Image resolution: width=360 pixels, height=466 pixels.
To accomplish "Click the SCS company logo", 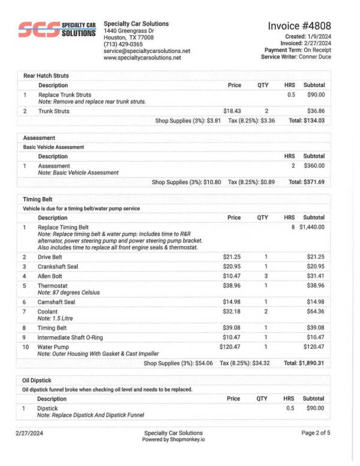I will click(57, 29).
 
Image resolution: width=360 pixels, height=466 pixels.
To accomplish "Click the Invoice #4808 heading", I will click(299, 26).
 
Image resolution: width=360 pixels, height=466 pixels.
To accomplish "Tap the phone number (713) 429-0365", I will click(123, 44).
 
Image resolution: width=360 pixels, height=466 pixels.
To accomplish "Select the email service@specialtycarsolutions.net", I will click(146, 51).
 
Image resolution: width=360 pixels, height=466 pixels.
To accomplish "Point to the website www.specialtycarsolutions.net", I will click(142, 58).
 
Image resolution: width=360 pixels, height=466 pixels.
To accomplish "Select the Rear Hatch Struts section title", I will click(46, 76).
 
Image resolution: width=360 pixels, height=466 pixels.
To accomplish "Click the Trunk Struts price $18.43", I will click(232, 111).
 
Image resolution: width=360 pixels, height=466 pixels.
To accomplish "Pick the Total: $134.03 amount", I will click(307, 121).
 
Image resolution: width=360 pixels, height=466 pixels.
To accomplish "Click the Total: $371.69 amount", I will click(307, 182).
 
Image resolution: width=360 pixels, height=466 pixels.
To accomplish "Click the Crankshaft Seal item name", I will click(61, 266).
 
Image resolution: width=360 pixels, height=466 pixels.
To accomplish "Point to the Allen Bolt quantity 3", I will click(265, 276).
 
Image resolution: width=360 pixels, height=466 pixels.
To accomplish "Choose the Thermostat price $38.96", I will click(232, 286).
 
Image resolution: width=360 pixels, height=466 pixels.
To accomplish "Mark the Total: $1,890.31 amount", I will click(304, 363).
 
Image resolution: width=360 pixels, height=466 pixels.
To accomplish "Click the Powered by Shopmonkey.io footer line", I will click(173, 440).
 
